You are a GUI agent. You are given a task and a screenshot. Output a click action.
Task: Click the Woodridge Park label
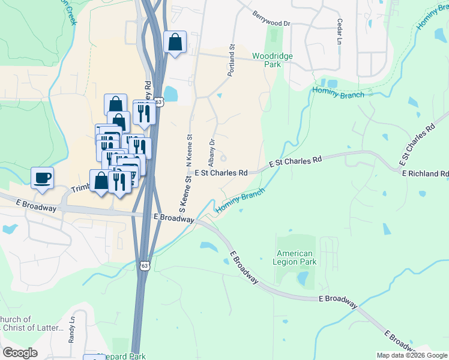(272, 59)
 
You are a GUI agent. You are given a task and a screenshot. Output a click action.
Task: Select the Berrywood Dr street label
(271, 19)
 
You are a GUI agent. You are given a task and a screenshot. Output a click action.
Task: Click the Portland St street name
(231, 59)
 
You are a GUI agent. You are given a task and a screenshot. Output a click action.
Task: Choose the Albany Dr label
(211, 153)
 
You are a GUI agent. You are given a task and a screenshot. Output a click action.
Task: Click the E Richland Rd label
(425, 173)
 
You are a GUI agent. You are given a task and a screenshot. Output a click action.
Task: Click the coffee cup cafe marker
(42, 178)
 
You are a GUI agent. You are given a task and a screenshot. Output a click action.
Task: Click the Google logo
(20, 353)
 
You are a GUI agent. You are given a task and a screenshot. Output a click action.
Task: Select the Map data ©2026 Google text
(412, 355)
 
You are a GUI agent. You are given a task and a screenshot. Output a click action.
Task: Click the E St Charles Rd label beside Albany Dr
(220, 173)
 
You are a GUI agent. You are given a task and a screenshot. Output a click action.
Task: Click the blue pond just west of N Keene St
(170, 94)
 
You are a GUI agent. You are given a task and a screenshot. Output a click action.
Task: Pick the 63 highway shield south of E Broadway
(144, 265)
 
